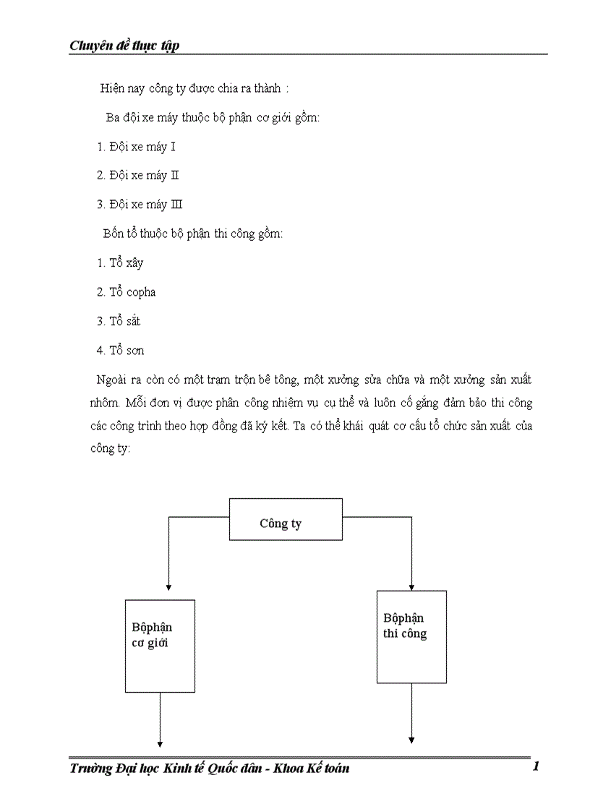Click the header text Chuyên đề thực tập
click(124, 46)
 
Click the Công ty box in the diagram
click(286, 519)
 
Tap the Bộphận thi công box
click(411, 636)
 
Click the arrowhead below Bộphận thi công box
click(411, 740)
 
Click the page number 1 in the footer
click(535, 767)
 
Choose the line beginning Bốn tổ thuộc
click(194, 234)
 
